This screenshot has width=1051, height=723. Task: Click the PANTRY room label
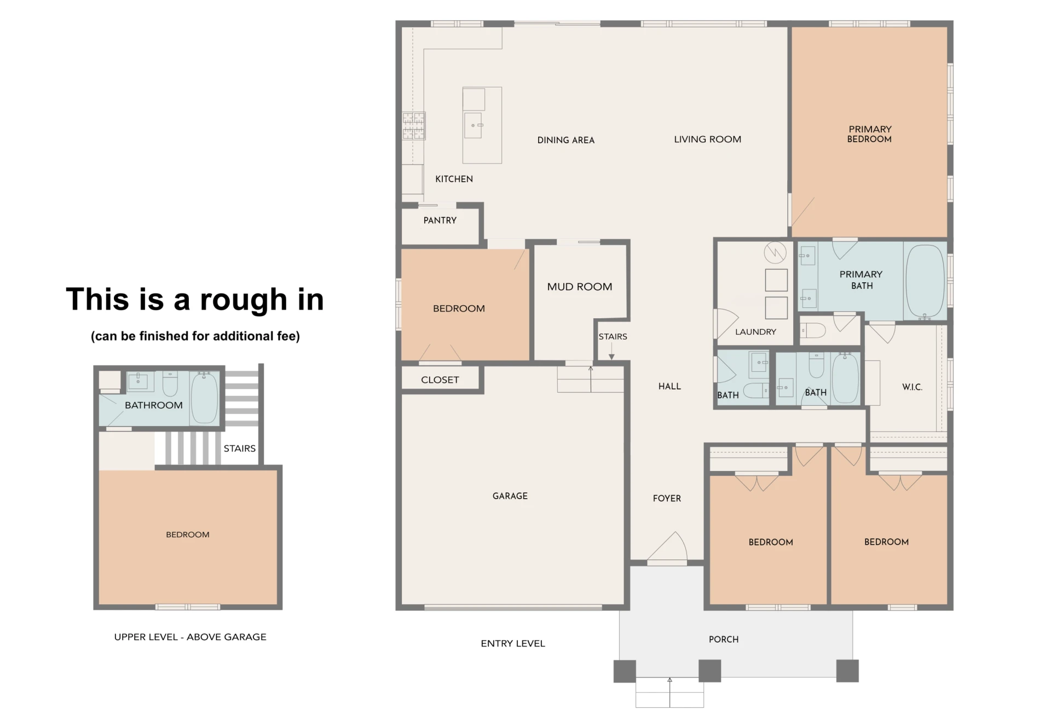coord(440,220)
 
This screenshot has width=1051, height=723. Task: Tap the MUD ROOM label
coord(580,287)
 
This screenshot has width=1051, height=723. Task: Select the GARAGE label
coord(510,496)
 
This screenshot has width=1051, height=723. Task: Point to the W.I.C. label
coord(912,387)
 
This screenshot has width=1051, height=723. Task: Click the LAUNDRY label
coord(755,332)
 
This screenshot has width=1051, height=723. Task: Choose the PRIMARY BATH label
coord(861,279)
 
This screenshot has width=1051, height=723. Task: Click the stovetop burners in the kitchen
coord(414,126)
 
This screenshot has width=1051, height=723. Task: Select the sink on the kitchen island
coord(473,125)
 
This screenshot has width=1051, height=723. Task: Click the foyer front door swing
coord(667,547)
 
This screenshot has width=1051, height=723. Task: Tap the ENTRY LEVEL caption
coord(513,644)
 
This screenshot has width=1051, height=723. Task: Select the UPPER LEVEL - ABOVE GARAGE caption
coord(190,637)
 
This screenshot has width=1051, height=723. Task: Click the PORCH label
coord(724,639)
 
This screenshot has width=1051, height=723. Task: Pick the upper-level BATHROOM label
coord(154,405)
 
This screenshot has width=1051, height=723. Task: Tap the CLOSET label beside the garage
coord(440,380)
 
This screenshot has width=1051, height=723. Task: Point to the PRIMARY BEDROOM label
coord(870,134)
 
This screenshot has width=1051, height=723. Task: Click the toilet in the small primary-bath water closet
coord(813,330)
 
